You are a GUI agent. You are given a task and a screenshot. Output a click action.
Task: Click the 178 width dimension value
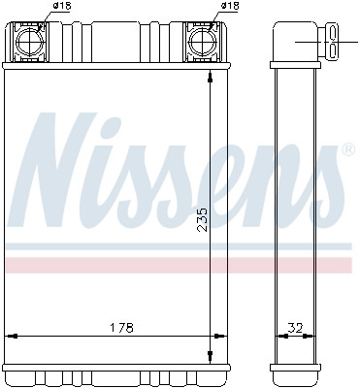click(x=119, y=326)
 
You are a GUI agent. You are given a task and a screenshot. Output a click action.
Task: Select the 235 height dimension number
click(x=202, y=222)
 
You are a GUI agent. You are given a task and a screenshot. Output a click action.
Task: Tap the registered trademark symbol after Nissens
click(x=346, y=150)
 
